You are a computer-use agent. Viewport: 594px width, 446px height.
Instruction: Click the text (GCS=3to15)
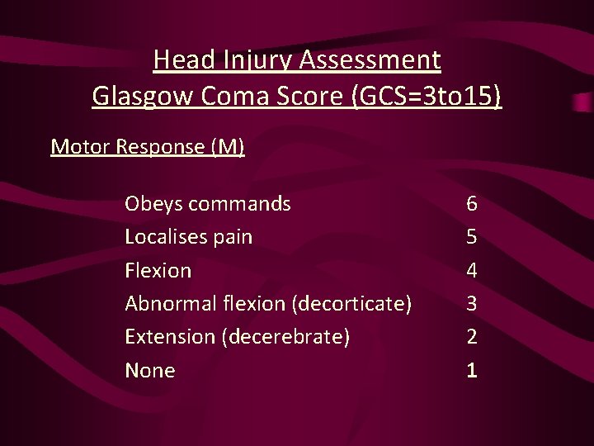[x=426, y=97]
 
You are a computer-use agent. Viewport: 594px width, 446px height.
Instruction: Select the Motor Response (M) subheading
[x=148, y=147]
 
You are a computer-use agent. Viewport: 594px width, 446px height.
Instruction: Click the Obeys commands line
[x=207, y=203]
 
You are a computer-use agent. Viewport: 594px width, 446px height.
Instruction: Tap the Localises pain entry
[x=188, y=237]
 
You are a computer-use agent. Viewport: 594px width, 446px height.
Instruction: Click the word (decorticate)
[x=351, y=304]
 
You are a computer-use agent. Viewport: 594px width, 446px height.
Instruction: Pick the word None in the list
[x=149, y=371]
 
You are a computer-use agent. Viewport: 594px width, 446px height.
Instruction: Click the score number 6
[x=471, y=203]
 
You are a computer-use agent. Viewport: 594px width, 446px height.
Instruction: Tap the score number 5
[x=471, y=237]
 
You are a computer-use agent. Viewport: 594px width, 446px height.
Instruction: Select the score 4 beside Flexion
[x=471, y=270]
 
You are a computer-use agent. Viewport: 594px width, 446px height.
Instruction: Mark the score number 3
[x=471, y=304]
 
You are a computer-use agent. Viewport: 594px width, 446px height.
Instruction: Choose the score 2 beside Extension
[x=471, y=337]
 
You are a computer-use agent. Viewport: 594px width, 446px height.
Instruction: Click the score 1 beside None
[x=471, y=371]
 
